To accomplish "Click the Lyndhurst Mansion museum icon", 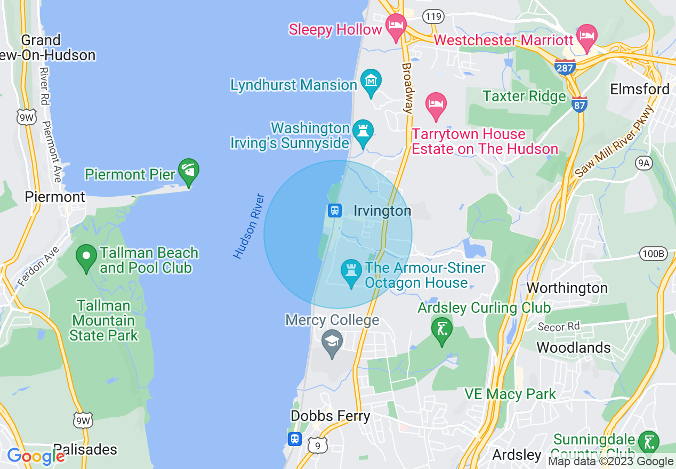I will pyautogui.click(x=371, y=81).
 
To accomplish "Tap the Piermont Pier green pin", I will pyautogui.click(x=188, y=171).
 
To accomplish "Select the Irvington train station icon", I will pyautogui.click(x=334, y=210).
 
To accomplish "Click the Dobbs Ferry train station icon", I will pyautogui.click(x=295, y=439).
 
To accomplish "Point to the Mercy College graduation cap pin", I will pyautogui.click(x=333, y=342).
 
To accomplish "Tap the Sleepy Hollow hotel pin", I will pyautogui.click(x=396, y=25).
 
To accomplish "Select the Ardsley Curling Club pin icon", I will pyautogui.click(x=441, y=329).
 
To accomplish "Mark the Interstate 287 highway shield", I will pyautogui.click(x=565, y=67).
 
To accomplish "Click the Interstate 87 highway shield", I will pyautogui.click(x=580, y=104).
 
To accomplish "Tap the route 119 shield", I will pyautogui.click(x=433, y=17).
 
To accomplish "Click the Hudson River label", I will pyautogui.click(x=249, y=227).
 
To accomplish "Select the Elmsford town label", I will pyautogui.click(x=640, y=89).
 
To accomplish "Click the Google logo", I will pyautogui.click(x=36, y=456).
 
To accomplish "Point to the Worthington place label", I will pyautogui.click(x=567, y=288).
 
